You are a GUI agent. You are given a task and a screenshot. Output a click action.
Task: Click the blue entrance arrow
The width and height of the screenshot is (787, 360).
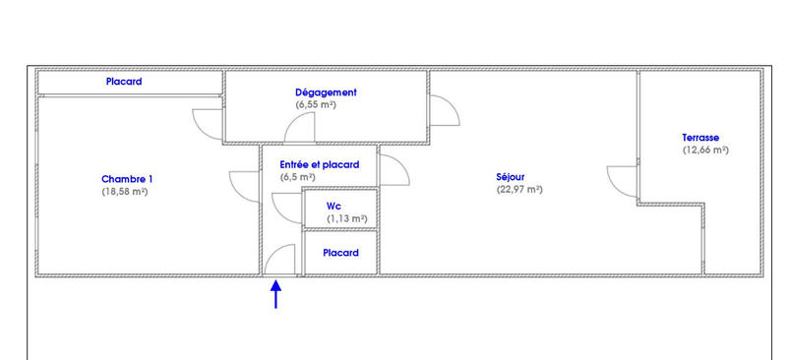click(275, 294)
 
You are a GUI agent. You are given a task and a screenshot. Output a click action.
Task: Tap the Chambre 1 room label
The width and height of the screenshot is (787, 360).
click(127, 179)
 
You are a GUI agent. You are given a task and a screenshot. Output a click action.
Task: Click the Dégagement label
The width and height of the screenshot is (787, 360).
click(326, 92)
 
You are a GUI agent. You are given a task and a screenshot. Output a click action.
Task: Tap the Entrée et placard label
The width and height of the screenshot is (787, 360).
click(320, 164)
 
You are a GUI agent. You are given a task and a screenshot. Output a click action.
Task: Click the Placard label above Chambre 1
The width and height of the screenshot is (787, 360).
click(124, 82)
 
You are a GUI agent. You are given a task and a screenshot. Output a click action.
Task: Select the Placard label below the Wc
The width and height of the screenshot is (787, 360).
click(340, 253)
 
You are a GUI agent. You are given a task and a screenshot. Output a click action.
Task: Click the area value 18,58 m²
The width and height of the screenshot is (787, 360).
click(125, 193)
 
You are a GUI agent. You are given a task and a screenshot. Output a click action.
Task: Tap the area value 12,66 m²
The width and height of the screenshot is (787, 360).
click(705, 150)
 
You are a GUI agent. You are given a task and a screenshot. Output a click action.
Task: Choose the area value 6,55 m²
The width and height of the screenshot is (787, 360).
click(316, 104)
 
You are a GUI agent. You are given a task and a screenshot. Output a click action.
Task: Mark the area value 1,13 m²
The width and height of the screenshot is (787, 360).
click(347, 218)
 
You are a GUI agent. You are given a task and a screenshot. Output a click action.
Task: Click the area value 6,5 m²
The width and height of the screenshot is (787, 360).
click(297, 178)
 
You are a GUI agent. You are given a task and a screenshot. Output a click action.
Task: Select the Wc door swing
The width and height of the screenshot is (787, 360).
click(288, 206)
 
